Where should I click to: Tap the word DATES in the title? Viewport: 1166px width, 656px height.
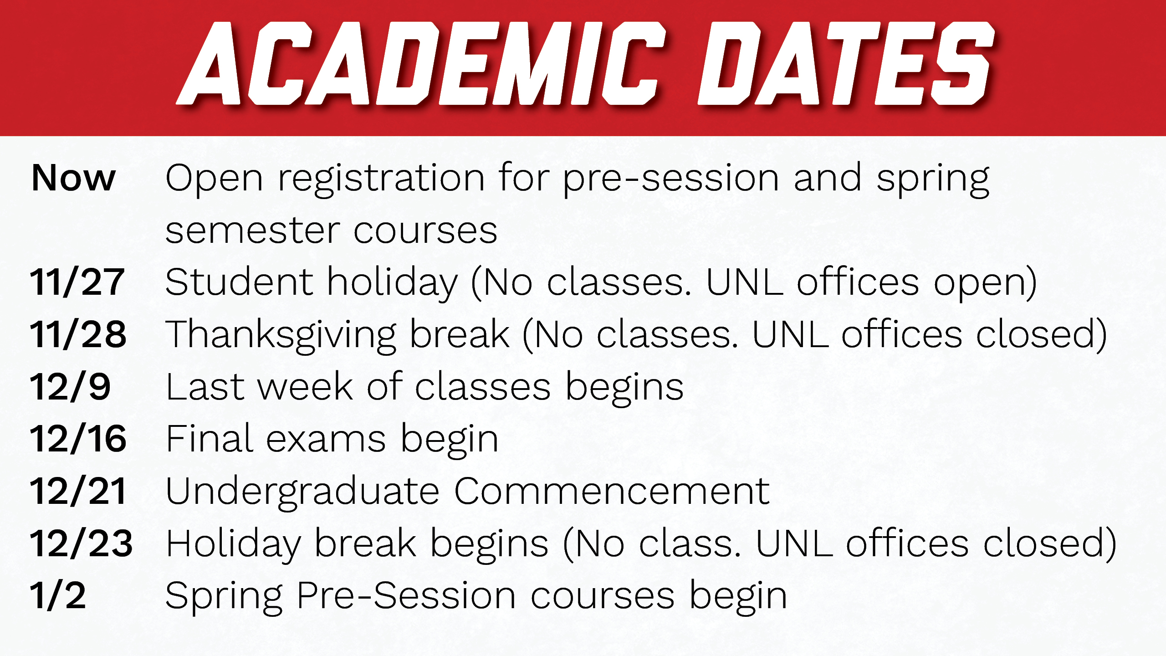tap(846, 63)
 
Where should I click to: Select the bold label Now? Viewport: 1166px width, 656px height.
tap(73, 178)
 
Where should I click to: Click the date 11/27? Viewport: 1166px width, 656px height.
tap(77, 282)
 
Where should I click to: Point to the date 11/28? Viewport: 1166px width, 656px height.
tap(78, 334)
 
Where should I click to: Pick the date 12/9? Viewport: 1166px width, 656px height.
tap(70, 387)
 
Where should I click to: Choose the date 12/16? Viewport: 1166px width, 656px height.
tap(78, 439)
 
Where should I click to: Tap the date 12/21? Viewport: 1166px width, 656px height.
tap(78, 491)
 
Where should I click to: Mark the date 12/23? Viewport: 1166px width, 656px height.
tap(81, 543)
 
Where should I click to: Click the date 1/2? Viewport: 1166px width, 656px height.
tap(58, 595)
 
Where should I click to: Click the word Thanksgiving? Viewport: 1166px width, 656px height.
tap(281, 336)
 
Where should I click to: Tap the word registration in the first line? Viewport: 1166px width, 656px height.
tap(381, 179)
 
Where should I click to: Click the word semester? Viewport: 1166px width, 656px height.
tap(253, 231)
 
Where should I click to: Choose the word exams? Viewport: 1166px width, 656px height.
tap(326, 440)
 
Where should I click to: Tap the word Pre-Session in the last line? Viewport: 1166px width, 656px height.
tap(406, 595)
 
